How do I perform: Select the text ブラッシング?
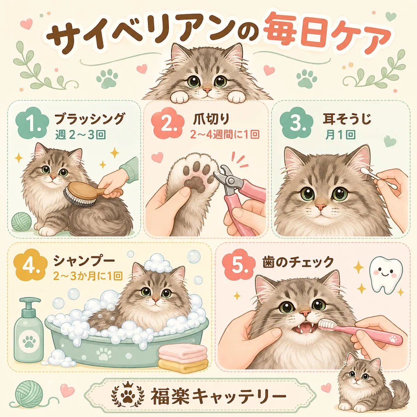click(x=89, y=119)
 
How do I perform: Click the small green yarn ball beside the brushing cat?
click(x=22, y=221)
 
